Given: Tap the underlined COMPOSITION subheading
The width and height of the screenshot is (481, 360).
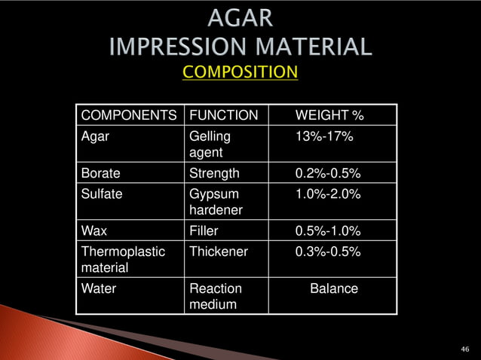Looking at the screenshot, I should tap(240, 72).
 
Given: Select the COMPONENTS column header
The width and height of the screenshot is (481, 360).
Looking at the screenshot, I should tap(128, 116).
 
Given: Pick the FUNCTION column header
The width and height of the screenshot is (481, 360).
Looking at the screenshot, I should tap(223, 116).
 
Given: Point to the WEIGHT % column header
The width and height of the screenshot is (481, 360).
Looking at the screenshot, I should tap(329, 116).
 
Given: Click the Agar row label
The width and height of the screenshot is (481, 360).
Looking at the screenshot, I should tap(95, 136).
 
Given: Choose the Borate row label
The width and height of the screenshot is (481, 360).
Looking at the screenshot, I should tap(100, 174).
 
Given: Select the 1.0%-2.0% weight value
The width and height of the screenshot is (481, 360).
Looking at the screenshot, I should tap(327, 194).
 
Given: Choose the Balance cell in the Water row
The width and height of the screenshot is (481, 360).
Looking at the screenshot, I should tap(334, 288).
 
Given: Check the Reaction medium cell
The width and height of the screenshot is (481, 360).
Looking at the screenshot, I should tap(215, 297).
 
